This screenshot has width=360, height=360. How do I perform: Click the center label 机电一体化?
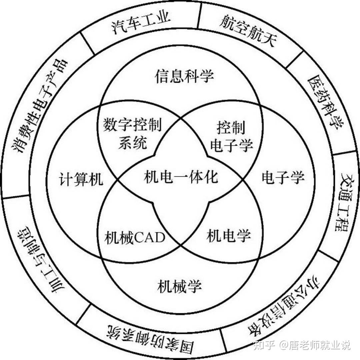181,177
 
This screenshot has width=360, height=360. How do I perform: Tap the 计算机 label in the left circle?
82,180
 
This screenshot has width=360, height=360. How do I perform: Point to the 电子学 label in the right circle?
283,177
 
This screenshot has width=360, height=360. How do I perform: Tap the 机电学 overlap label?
229,237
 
